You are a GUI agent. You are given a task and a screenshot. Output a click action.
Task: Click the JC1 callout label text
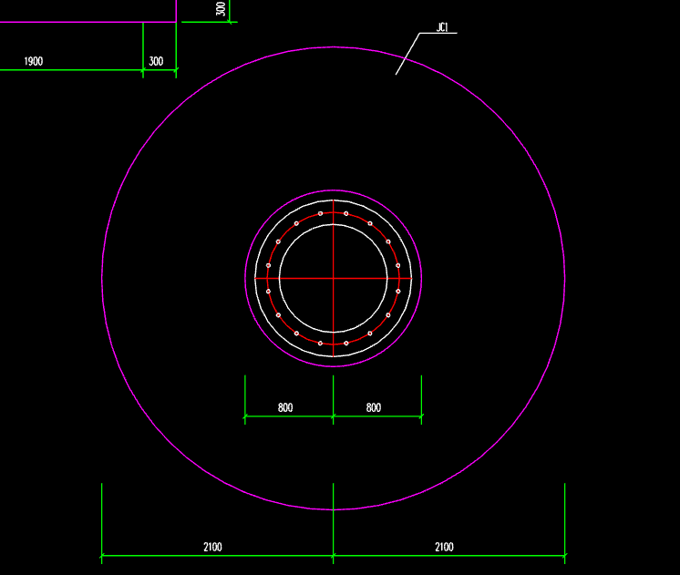pos(441,27)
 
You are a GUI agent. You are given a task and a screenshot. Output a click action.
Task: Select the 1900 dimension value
pos(34,62)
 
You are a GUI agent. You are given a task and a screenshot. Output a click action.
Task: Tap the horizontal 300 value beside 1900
pos(156,62)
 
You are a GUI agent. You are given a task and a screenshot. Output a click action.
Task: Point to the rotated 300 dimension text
pos(221,9)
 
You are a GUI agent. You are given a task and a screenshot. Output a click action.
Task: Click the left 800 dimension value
pos(285,407)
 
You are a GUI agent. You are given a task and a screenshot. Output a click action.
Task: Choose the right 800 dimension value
pos(374,407)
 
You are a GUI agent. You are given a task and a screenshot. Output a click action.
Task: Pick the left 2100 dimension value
pos(212,547)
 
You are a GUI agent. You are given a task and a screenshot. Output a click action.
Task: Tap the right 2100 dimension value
pos(444,547)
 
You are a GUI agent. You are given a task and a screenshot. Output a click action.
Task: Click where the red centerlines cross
pos(333,278)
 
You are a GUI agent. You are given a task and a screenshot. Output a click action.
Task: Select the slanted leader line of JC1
pos(407,54)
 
